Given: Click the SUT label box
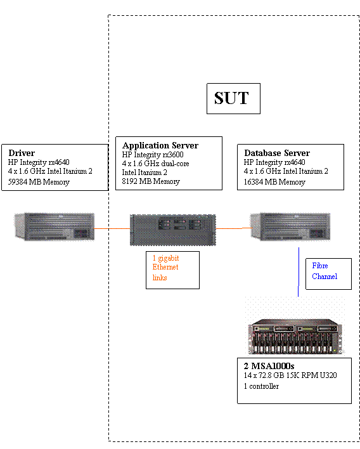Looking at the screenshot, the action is click(x=233, y=98).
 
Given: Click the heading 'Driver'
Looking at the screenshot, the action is click(x=22, y=153).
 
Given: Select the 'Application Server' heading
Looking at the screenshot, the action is click(x=160, y=145).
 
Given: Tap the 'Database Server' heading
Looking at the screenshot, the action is click(x=277, y=153).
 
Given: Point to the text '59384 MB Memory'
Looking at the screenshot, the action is click(x=39, y=182).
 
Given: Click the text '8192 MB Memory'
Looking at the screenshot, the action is click(x=151, y=181).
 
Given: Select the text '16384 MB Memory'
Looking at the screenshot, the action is click(x=274, y=182).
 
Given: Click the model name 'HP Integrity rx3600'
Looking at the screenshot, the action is click(x=153, y=155).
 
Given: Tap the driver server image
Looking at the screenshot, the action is click(x=55, y=226).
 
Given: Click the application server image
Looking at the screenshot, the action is click(x=173, y=230).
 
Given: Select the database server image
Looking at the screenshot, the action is click(x=290, y=226).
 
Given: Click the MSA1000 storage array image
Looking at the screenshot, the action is click(x=295, y=336).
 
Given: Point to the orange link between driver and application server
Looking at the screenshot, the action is click(x=112, y=228).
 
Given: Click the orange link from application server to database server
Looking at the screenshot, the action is click(x=234, y=228).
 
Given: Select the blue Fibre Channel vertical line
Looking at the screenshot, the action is click(x=299, y=272).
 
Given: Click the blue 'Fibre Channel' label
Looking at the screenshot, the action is click(x=325, y=271).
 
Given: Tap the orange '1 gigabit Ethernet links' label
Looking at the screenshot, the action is click(x=165, y=268).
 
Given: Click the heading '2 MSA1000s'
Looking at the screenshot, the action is click(x=269, y=366).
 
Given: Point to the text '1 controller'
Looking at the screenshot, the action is click(x=261, y=386).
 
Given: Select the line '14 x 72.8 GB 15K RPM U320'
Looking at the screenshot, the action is click(x=290, y=375).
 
